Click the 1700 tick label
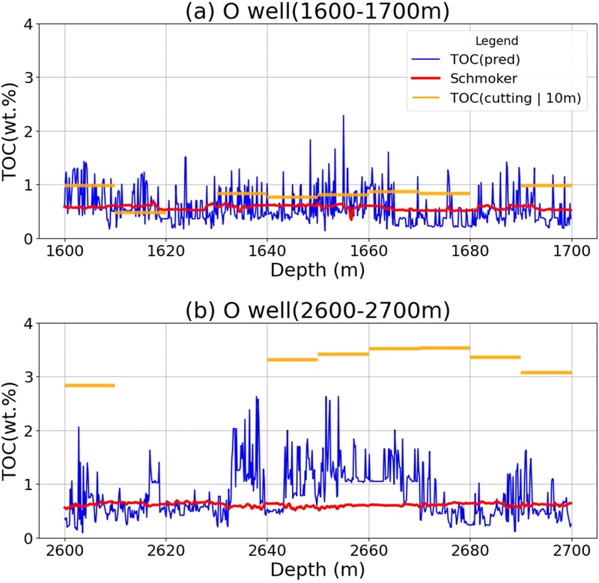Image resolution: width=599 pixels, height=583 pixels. pyautogui.click(x=571, y=250)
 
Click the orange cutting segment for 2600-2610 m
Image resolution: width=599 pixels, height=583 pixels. pyautogui.click(x=89, y=385)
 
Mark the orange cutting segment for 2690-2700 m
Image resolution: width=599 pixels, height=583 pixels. pyautogui.click(x=546, y=372)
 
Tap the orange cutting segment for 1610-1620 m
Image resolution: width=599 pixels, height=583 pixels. pyautogui.click(x=140, y=212)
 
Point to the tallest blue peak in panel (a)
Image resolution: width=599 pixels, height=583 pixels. pyautogui.click(x=343, y=116)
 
